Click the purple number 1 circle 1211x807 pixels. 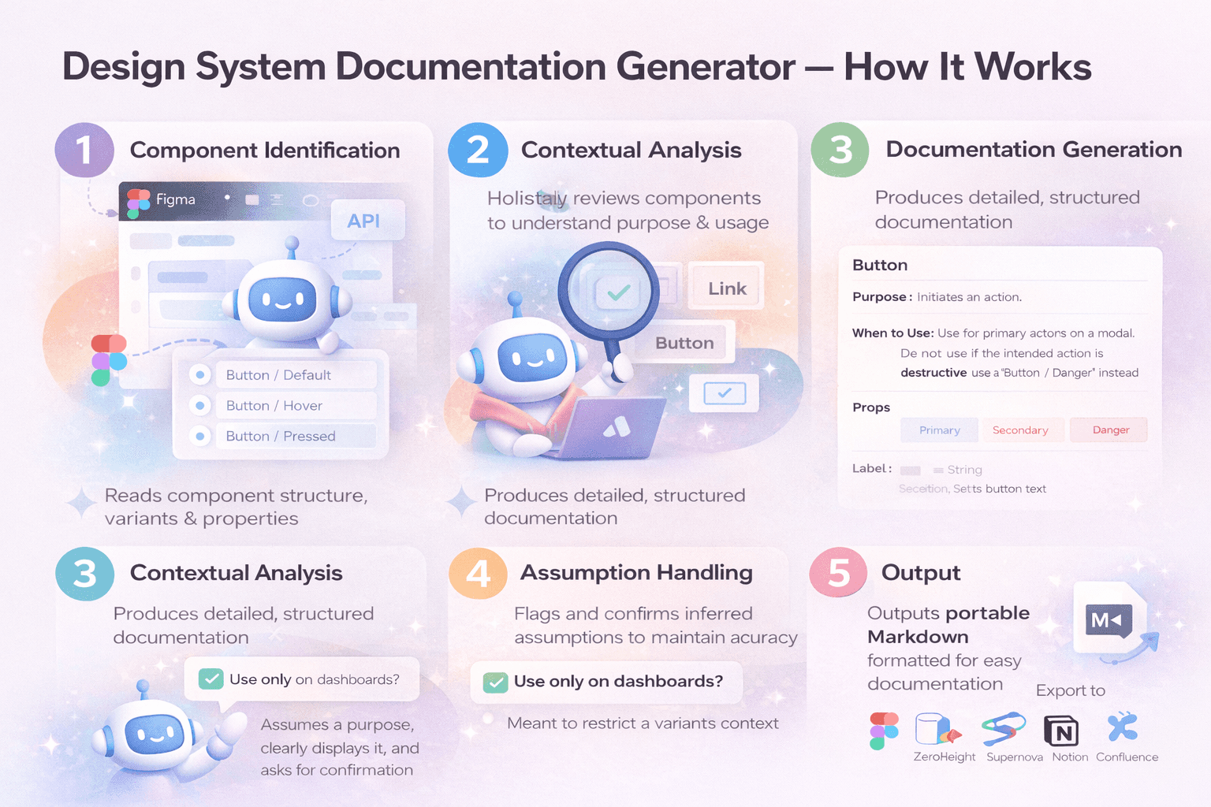(x=84, y=151)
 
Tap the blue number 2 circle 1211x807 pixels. (x=478, y=151)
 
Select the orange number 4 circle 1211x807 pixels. (x=478, y=574)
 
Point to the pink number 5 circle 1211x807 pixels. (x=839, y=573)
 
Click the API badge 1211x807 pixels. (x=364, y=221)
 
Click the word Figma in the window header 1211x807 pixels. (x=175, y=199)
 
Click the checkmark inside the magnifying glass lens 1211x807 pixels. (x=618, y=292)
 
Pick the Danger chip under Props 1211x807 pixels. (x=1110, y=430)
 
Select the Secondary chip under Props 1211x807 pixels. (x=1020, y=430)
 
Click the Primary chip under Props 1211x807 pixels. (x=939, y=430)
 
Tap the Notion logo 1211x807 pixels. (x=1061, y=731)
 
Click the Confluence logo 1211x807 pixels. (x=1122, y=727)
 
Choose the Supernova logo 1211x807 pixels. (x=1004, y=729)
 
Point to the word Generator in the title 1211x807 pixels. (x=706, y=67)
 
